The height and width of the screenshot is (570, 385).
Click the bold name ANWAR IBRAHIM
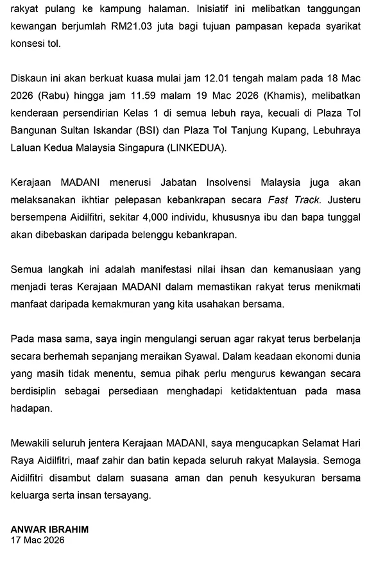49,529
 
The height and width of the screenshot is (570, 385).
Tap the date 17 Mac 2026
38,540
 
